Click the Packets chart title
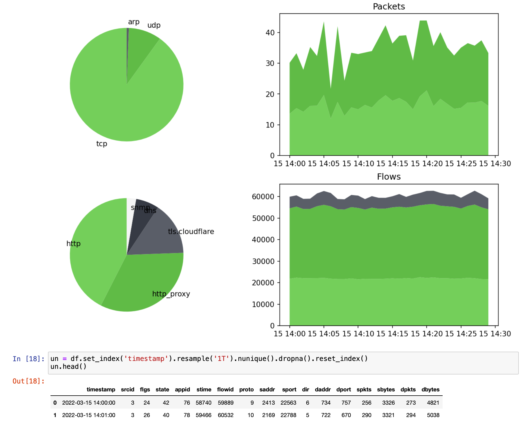[x=388, y=6]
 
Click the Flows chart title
[x=388, y=177]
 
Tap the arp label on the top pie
[x=133, y=22]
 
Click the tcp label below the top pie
[x=102, y=144]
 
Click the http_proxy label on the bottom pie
[x=171, y=294]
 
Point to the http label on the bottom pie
[x=73, y=244]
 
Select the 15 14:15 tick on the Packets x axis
[x=392, y=164]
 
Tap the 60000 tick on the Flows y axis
[x=263, y=197]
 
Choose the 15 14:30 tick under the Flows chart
[x=495, y=334]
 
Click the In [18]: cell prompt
[x=28, y=359]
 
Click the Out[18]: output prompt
[x=28, y=381]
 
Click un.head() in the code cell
[x=68, y=367]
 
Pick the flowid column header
[x=225, y=389]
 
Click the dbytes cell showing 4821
[x=433, y=403]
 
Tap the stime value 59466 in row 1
[x=203, y=415]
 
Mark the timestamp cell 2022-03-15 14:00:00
[x=89, y=403]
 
